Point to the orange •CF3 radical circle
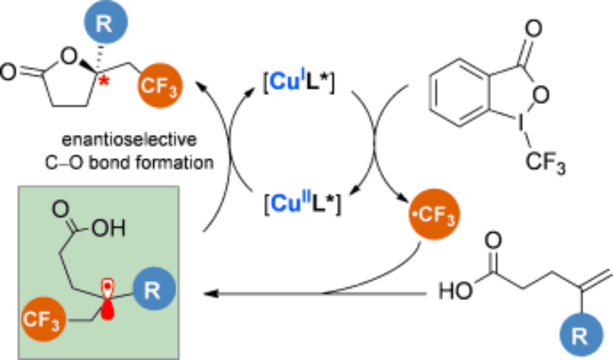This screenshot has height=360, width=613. click(433, 217)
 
